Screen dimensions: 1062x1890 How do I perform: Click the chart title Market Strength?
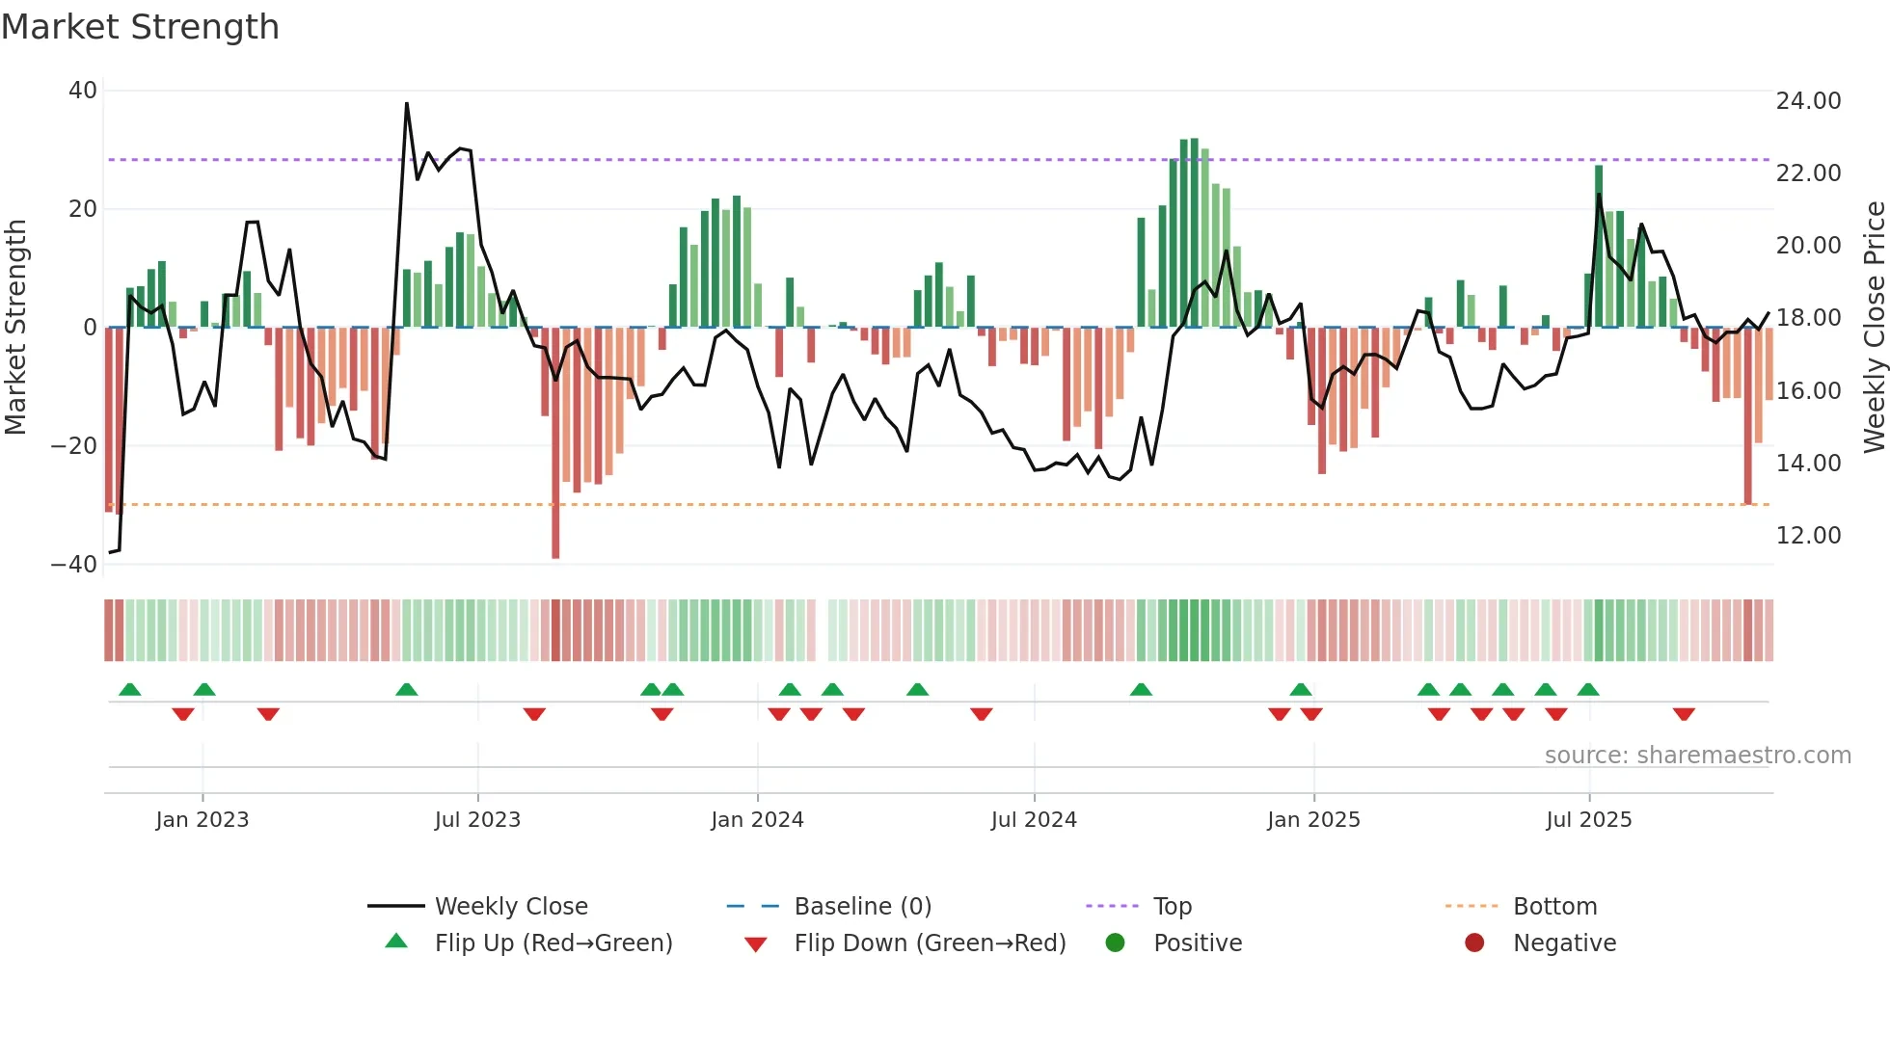click(140, 27)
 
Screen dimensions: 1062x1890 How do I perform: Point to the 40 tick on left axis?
click(83, 91)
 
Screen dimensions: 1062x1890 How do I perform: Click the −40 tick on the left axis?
click(74, 565)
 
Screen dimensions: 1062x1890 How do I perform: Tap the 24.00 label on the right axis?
click(1808, 101)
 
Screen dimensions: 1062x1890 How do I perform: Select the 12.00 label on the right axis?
click(1808, 536)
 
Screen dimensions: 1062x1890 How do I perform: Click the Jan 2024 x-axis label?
click(757, 820)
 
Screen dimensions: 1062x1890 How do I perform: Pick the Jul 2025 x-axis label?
click(1588, 820)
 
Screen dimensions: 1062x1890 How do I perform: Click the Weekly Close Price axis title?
click(1874, 328)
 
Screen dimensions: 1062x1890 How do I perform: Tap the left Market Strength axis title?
click(16, 328)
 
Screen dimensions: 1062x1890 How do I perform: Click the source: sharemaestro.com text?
click(1697, 756)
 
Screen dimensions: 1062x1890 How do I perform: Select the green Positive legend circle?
click(1116, 943)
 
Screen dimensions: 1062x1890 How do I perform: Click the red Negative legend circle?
click(1474, 943)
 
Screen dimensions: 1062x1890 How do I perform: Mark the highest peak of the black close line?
click(407, 103)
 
